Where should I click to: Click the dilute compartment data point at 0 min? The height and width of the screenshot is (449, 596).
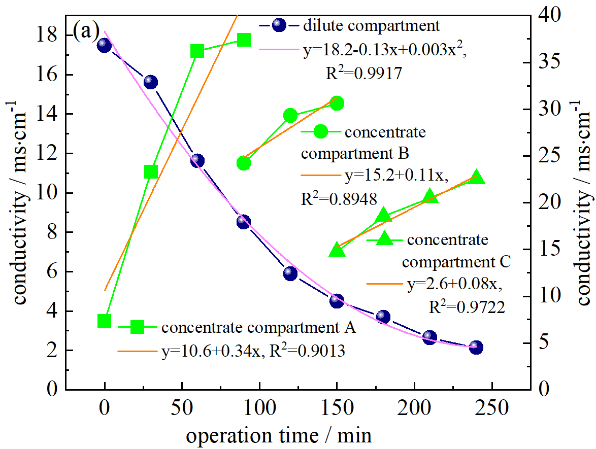point(104,45)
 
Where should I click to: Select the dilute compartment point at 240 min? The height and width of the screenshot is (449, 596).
point(476,348)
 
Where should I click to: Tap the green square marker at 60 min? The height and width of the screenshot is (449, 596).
point(197,51)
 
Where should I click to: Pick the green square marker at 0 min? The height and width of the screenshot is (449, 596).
point(104,321)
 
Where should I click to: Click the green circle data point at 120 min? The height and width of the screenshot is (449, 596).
point(290,116)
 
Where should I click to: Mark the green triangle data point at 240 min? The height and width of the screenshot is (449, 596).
point(476,177)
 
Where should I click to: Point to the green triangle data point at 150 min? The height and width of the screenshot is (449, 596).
point(337,250)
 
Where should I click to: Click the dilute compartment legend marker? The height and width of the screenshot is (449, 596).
point(279,25)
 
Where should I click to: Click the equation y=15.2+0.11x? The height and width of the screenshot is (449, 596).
point(396,177)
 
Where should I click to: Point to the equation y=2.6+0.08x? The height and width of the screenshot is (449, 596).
point(455,285)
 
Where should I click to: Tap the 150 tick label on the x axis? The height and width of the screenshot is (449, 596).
point(337,407)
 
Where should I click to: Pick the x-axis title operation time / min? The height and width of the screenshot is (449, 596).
point(278,435)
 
